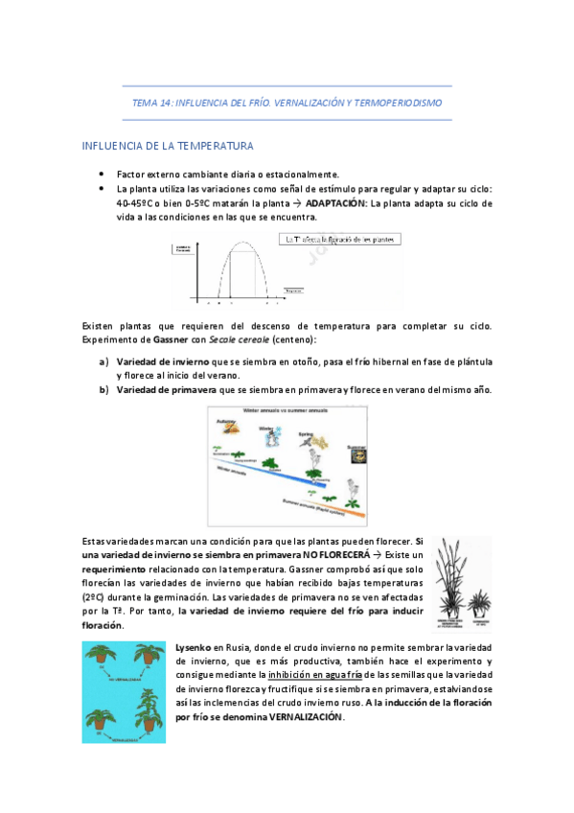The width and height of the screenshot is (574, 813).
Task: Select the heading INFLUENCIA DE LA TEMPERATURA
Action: coord(168,147)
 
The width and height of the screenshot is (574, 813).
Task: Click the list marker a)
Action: coord(103,361)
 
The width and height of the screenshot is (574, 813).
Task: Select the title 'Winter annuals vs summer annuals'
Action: coord(287,411)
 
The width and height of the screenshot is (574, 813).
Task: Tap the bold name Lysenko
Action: coord(193,648)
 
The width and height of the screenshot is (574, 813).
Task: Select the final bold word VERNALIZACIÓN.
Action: coord(295,716)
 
